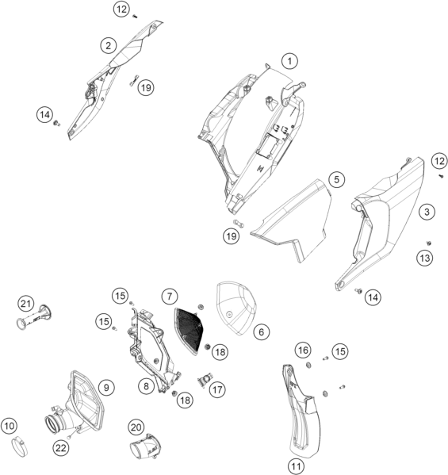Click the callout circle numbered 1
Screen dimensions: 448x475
[289, 61]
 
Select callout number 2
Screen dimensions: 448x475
[108, 46]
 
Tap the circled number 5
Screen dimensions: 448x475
[336, 180]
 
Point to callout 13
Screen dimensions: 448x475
[425, 258]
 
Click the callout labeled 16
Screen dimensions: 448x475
[303, 351]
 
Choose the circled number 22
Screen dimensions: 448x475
[60, 448]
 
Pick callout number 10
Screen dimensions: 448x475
[9, 426]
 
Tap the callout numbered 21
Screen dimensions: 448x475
[25, 304]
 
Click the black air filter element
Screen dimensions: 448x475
[189, 330]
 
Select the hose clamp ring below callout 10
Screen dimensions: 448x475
[19, 448]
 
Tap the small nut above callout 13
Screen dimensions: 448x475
[429, 243]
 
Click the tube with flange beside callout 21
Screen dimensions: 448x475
[33, 317]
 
